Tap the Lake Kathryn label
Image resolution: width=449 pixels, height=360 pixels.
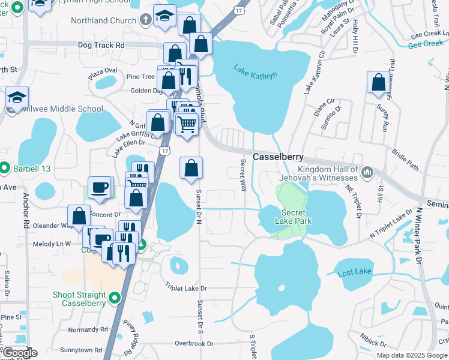click(256, 75)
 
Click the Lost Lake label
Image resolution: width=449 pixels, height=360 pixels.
click(354, 273)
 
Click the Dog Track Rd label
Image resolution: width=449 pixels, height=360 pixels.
click(101, 45)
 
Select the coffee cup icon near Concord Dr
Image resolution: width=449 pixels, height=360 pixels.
click(100, 187)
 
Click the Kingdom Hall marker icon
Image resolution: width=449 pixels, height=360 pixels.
click(368, 173)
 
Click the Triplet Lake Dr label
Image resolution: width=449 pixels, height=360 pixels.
click(186, 289)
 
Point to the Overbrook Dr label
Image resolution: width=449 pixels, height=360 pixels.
click(194, 344)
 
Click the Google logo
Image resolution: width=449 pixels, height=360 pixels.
click(19, 353)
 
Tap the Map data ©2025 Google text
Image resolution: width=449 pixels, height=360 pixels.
click(412, 355)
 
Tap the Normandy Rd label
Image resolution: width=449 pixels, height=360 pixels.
click(88, 329)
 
